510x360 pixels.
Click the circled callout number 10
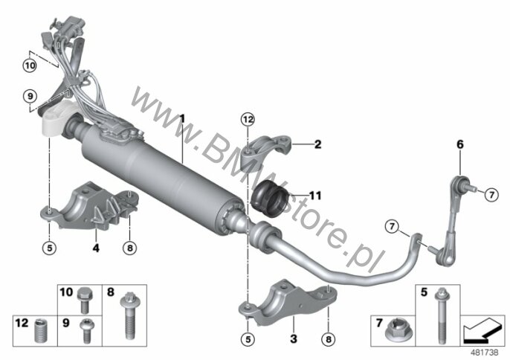[30, 65]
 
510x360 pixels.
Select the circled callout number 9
[30, 97]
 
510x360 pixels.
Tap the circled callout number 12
[248, 120]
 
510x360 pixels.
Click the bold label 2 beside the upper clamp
[317, 144]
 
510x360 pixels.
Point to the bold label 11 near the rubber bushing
[315, 196]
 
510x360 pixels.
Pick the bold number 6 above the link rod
[460, 144]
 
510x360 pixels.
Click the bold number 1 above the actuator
[182, 118]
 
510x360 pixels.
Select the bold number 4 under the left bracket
[96, 248]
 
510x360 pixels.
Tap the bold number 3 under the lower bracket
[294, 339]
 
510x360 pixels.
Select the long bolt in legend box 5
[441, 315]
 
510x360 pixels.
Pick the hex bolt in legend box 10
[85, 300]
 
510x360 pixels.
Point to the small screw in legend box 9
[86, 331]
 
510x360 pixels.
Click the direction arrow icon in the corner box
[482, 330]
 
